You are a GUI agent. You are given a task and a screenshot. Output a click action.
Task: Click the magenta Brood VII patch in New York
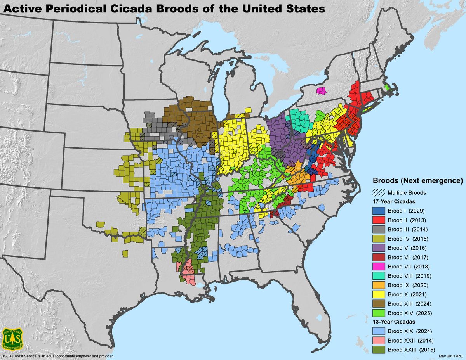(x=322, y=91)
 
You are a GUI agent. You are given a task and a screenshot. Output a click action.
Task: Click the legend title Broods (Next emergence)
(x=418, y=181)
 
